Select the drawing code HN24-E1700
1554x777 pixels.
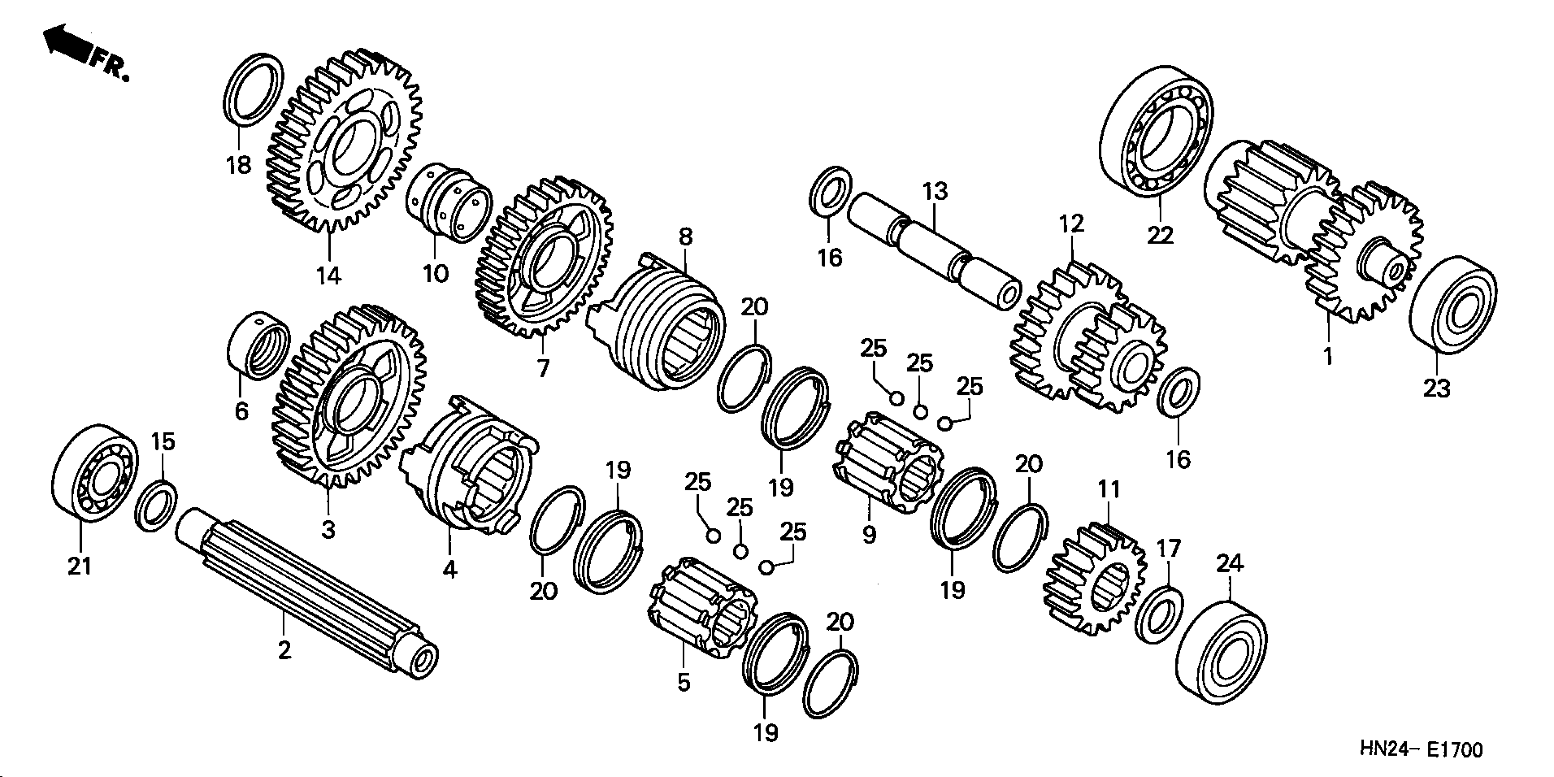[1420, 750]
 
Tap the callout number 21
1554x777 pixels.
[80, 566]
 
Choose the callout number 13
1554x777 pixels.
[934, 191]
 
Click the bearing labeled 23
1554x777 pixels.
[1453, 305]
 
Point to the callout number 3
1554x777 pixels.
[328, 530]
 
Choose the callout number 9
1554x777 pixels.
[869, 534]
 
